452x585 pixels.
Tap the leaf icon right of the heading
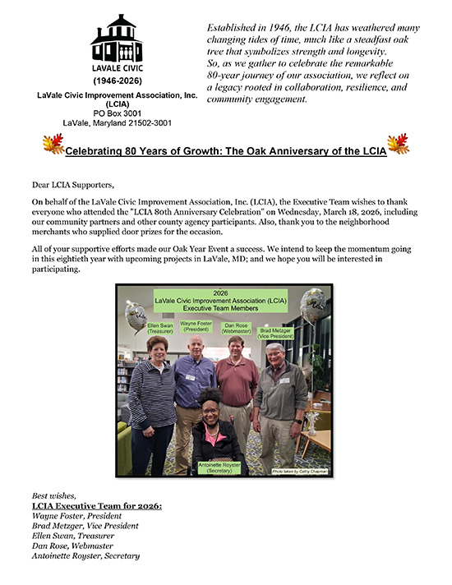click(398, 145)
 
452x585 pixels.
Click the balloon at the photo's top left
click(135, 316)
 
